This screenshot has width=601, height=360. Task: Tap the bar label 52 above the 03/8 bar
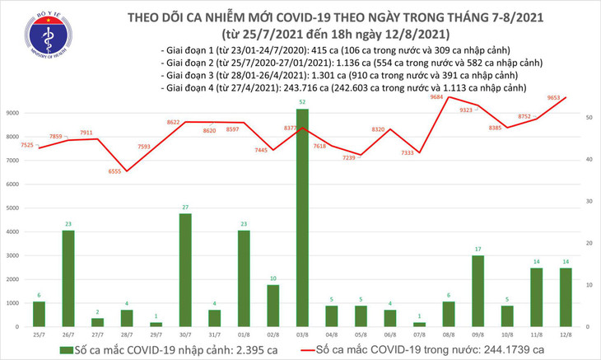pos(303,102)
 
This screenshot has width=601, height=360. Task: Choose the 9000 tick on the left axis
pos(15,112)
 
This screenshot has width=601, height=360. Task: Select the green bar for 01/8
pos(244,278)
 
